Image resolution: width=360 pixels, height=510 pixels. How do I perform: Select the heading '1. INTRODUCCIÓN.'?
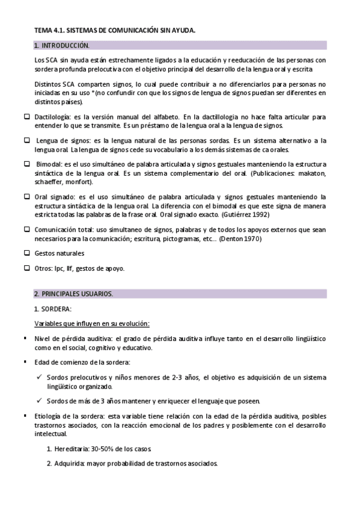(62, 45)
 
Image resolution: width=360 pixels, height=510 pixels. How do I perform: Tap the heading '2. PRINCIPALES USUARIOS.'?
(73, 293)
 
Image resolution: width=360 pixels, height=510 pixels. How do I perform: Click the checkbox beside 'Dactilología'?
(26, 115)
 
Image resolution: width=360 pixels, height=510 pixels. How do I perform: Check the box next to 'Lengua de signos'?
(26, 140)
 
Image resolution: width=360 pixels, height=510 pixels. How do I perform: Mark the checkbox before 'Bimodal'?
(26, 164)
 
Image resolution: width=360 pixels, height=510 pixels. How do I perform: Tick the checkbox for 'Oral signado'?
(26, 197)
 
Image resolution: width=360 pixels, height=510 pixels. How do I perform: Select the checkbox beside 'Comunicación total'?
(26, 229)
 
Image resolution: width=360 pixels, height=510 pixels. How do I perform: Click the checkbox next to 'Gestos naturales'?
(26, 253)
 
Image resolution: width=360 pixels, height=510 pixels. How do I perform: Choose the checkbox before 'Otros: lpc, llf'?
(26, 268)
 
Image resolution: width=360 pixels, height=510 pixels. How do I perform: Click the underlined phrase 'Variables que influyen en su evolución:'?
(91, 324)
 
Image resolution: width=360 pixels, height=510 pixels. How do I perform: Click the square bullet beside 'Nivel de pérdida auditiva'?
(25, 339)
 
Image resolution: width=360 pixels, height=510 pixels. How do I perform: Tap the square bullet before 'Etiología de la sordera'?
(25, 416)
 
